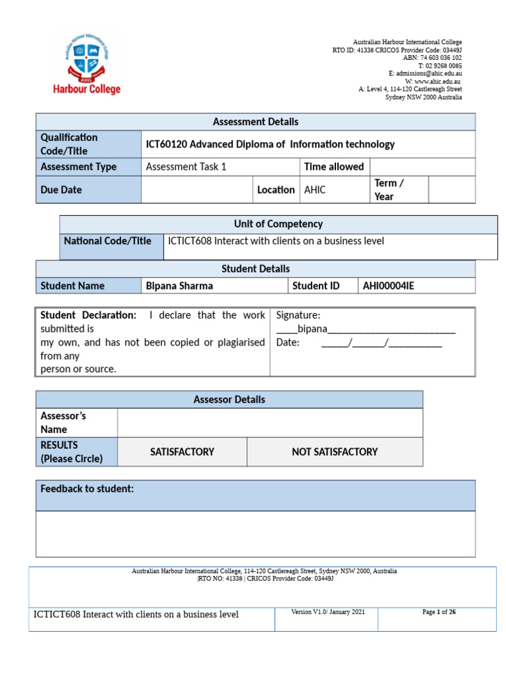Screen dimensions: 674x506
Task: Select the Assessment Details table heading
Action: click(255, 122)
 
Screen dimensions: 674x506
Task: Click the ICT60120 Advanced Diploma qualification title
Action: click(269, 144)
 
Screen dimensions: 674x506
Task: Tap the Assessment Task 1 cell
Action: click(186, 167)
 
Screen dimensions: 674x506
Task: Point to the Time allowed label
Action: click(334, 167)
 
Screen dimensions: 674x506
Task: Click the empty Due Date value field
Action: click(197, 190)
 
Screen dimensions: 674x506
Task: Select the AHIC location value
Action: click(315, 190)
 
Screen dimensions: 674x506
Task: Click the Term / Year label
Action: click(389, 190)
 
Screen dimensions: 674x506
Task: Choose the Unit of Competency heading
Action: click(278, 224)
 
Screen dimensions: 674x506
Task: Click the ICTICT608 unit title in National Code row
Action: click(276, 242)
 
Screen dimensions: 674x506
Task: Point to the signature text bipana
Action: click(312, 329)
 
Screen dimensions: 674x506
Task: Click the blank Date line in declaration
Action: click(381, 343)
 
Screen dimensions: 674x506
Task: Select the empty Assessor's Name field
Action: click(269, 423)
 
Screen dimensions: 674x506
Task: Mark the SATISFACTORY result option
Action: click(182, 452)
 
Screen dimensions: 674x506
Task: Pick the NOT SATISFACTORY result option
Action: click(335, 452)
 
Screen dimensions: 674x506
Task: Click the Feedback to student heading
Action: click(87, 489)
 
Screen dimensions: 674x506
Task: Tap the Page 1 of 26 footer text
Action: click(439, 612)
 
